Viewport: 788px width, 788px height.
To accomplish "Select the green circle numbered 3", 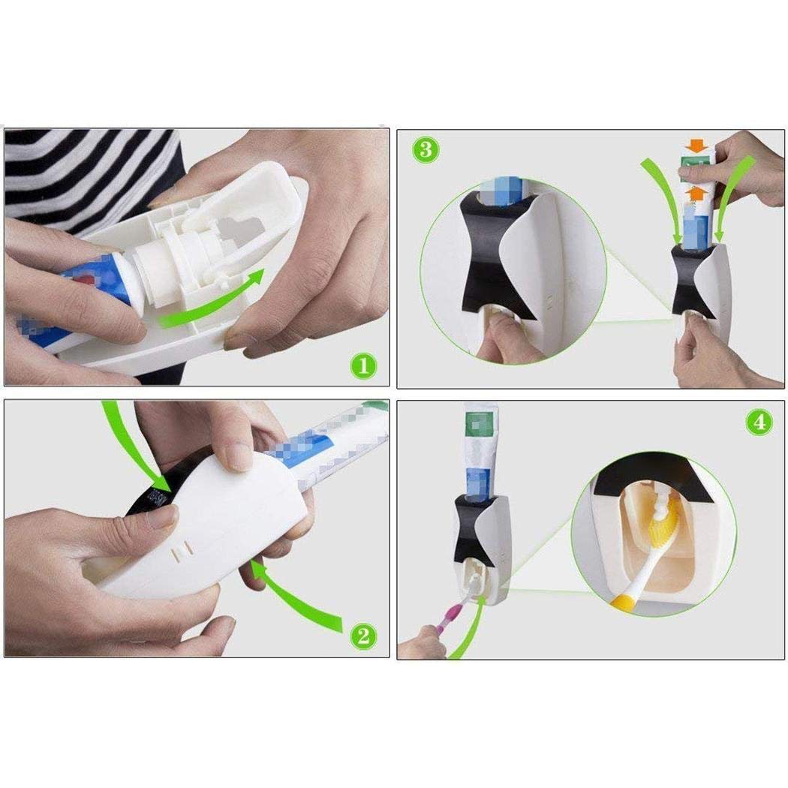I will tap(425, 149).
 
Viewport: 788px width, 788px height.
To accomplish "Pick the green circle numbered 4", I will tap(759, 422).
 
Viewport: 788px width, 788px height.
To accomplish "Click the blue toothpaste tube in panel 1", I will tap(83, 300).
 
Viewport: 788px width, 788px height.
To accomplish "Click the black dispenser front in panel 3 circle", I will tap(495, 255).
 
